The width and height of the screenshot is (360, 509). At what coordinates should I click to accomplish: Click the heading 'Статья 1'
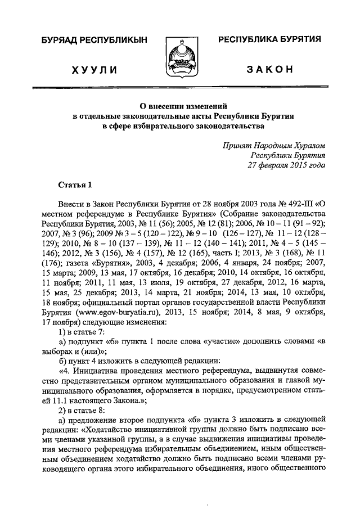tap(74, 185)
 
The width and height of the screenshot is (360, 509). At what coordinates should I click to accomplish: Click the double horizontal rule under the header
tap(180, 88)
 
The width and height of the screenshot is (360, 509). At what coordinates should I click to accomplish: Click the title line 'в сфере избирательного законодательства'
tap(183, 125)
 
